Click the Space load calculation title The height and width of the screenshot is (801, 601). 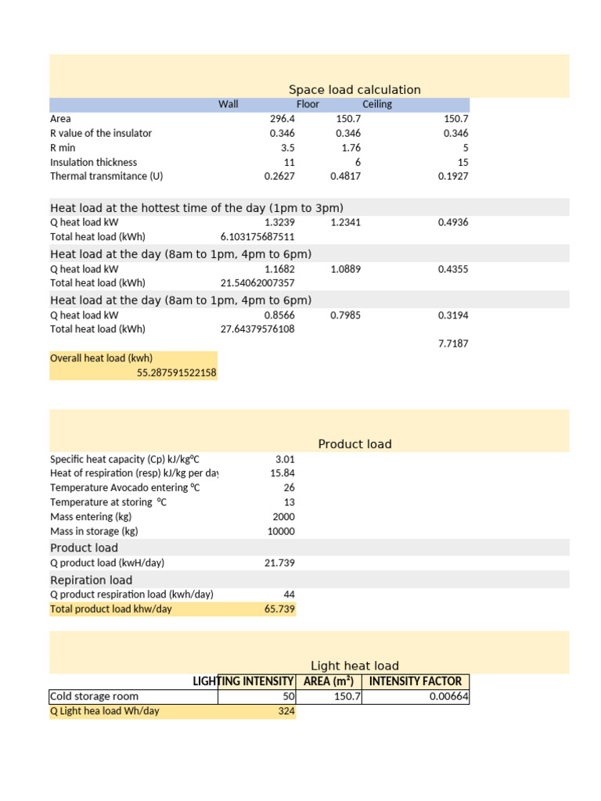click(354, 90)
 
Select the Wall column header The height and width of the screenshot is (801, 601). click(228, 104)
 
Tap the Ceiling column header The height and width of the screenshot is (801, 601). click(377, 104)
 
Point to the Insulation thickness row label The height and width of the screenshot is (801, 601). click(93, 162)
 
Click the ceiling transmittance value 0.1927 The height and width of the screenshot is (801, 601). click(453, 176)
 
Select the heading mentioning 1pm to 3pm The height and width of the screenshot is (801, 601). click(196, 208)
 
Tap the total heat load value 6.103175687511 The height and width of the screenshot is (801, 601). click(257, 236)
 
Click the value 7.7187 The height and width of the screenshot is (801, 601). click(453, 343)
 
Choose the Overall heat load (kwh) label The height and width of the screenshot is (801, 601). click(101, 358)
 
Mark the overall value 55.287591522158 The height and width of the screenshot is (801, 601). click(176, 373)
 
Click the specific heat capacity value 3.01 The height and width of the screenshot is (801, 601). click(285, 459)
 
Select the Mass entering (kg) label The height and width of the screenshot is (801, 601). click(90, 517)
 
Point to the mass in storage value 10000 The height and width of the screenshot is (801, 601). click(281, 531)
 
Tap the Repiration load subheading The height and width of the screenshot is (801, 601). click(91, 580)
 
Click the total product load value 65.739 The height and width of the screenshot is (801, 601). click(280, 609)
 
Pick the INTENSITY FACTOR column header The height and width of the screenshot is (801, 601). click(415, 681)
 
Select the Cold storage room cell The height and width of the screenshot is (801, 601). click(94, 696)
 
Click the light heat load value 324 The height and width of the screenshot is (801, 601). click(286, 711)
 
